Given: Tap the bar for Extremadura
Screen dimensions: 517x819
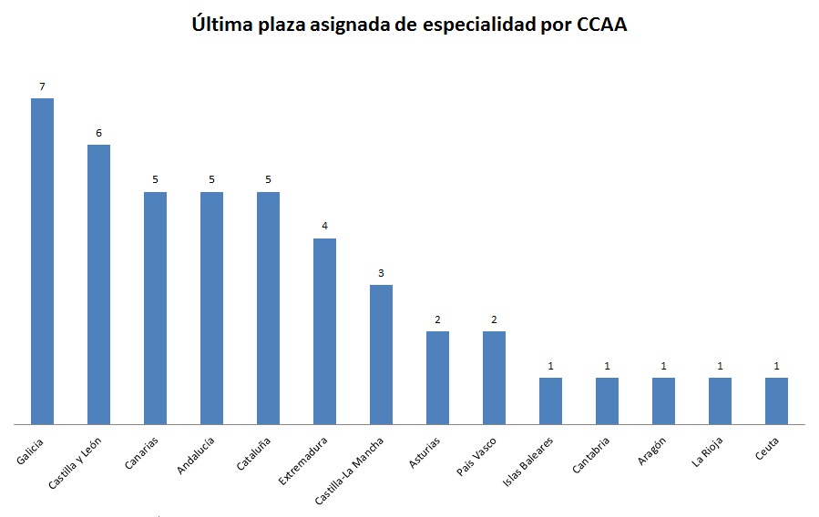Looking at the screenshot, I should pos(324,331).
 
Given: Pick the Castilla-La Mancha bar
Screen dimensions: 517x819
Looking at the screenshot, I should pos(381,354).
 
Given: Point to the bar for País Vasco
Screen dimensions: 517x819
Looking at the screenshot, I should pos(494,378).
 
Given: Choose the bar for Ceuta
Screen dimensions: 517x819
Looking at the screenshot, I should pos(776,400).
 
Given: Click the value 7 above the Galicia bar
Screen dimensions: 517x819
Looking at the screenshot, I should pos(42,86).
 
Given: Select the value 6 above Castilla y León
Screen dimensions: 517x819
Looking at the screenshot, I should pos(98,133).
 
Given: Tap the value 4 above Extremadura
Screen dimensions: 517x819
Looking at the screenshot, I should pos(324,227).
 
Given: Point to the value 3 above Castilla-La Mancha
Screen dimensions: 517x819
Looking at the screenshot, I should pos(381,273).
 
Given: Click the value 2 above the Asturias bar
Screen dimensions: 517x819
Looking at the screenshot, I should pos(437,319).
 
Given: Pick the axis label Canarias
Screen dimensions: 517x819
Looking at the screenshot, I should pos(142,452).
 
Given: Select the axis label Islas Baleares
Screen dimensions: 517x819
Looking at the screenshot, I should pos(528,461).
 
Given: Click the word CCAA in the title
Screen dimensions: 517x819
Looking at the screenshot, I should pos(602,25).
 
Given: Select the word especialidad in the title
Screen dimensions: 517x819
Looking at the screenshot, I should pos(476,25).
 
